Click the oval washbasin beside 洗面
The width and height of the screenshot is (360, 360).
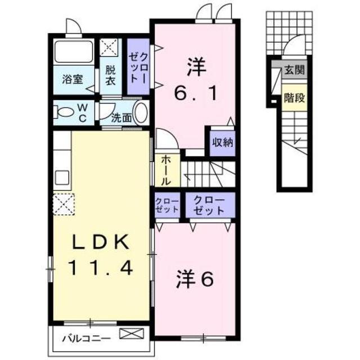tap(141, 111)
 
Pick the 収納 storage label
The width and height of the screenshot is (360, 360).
tap(222, 143)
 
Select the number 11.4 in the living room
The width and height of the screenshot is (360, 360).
tap(101, 268)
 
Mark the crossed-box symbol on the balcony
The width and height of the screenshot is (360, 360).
tap(128, 336)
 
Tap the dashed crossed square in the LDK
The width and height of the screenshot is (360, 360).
tap(64, 204)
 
